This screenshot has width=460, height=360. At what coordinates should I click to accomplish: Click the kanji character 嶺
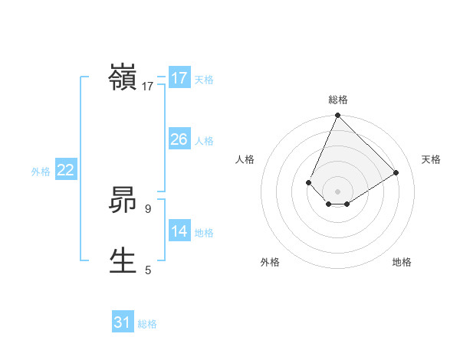[x=123, y=78]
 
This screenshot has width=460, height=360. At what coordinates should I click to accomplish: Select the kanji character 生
[x=123, y=261]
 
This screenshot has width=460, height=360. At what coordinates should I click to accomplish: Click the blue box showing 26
[x=179, y=139]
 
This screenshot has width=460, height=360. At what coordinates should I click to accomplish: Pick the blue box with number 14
[x=179, y=231]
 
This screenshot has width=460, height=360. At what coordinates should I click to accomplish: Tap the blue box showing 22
[x=65, y=170]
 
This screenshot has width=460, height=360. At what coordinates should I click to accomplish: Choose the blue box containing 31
[x=123, y=322]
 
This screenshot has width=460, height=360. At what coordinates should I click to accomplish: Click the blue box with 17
[x=179, y=77]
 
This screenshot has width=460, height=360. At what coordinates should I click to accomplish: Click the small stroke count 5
[x=148, y=270]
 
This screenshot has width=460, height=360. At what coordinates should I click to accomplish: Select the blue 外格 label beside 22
[x=41, y=172]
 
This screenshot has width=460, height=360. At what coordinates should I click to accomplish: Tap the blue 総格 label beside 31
[x=147, y=324]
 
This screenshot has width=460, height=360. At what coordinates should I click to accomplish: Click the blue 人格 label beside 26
[x=204, y=141]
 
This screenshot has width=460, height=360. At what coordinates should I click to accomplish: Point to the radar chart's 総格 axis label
[x=337, y=100]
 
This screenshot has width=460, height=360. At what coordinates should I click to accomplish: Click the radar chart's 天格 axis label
[x=432, y=159]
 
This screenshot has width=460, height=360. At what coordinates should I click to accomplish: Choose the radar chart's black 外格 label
[x=270, y=262]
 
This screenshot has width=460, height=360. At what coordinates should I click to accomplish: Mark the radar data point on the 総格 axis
[x=337, y=116]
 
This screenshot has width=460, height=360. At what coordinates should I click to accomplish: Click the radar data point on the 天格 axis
[x=396, y=172]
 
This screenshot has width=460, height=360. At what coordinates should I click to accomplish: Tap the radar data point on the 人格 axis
[x=308, y=182]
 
